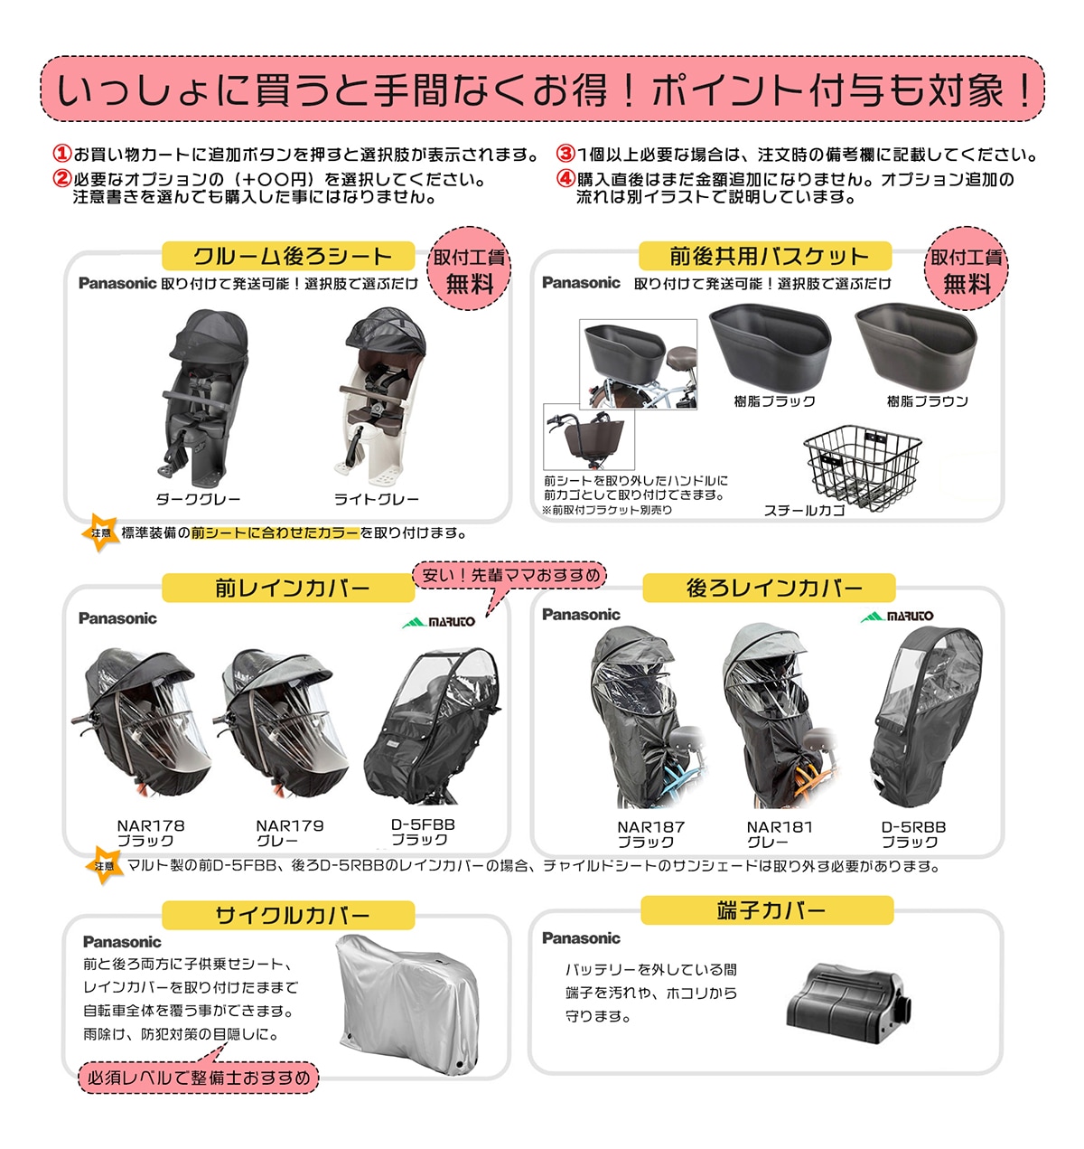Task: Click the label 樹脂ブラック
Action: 774,401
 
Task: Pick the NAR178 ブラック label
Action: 150,833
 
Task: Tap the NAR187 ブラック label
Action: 649,833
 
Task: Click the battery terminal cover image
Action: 848,999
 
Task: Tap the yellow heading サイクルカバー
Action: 289,916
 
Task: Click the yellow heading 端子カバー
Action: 769,910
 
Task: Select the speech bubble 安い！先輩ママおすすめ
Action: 510,575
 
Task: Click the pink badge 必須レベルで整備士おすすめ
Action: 199,1078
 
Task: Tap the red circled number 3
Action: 565,155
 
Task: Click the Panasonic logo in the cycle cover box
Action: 122,942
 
